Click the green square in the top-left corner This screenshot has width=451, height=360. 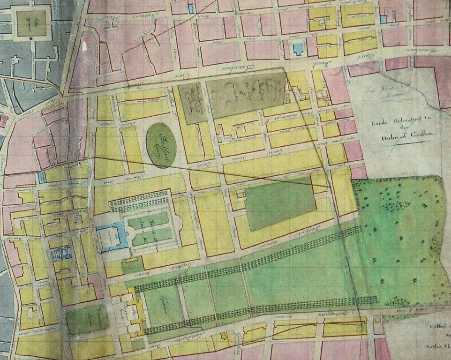click(31, 23)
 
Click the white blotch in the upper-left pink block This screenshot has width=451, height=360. click(84, 47)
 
